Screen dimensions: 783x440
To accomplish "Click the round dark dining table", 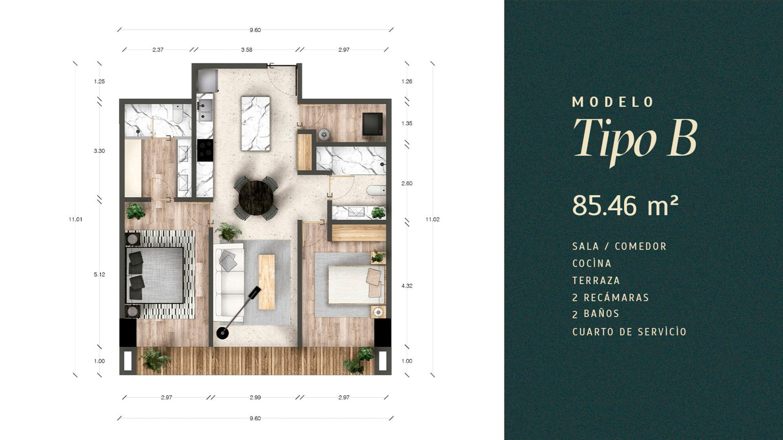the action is tap(256, 198).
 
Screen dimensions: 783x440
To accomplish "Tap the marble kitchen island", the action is tap(255, 124).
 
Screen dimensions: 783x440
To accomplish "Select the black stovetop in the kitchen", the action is tap(205, 150).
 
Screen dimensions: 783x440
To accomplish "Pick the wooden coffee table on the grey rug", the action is tap(266, 282).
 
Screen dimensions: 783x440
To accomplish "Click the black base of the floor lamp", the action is tap(222, 333).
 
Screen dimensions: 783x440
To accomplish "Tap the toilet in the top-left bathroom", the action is tap(178, 114).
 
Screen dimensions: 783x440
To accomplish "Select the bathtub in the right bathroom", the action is tap(376, 190).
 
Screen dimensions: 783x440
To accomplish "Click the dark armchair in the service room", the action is tap(373, 124).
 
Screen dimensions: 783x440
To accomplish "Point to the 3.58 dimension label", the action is tap(247, 49).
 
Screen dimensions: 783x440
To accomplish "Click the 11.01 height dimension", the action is tap(75, 220).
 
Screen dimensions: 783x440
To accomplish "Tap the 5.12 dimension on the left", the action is tap(99, 274).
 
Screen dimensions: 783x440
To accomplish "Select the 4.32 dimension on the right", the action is tap(407, 286).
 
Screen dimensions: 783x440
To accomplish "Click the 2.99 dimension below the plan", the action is tap(255, 397).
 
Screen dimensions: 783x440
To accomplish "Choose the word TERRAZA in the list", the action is tap(596, 281).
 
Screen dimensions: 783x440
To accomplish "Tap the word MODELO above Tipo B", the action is tap(613, 102).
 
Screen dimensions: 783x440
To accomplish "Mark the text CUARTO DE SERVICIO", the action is tap(629, 332).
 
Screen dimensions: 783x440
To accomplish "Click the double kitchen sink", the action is tap(205, 110).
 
